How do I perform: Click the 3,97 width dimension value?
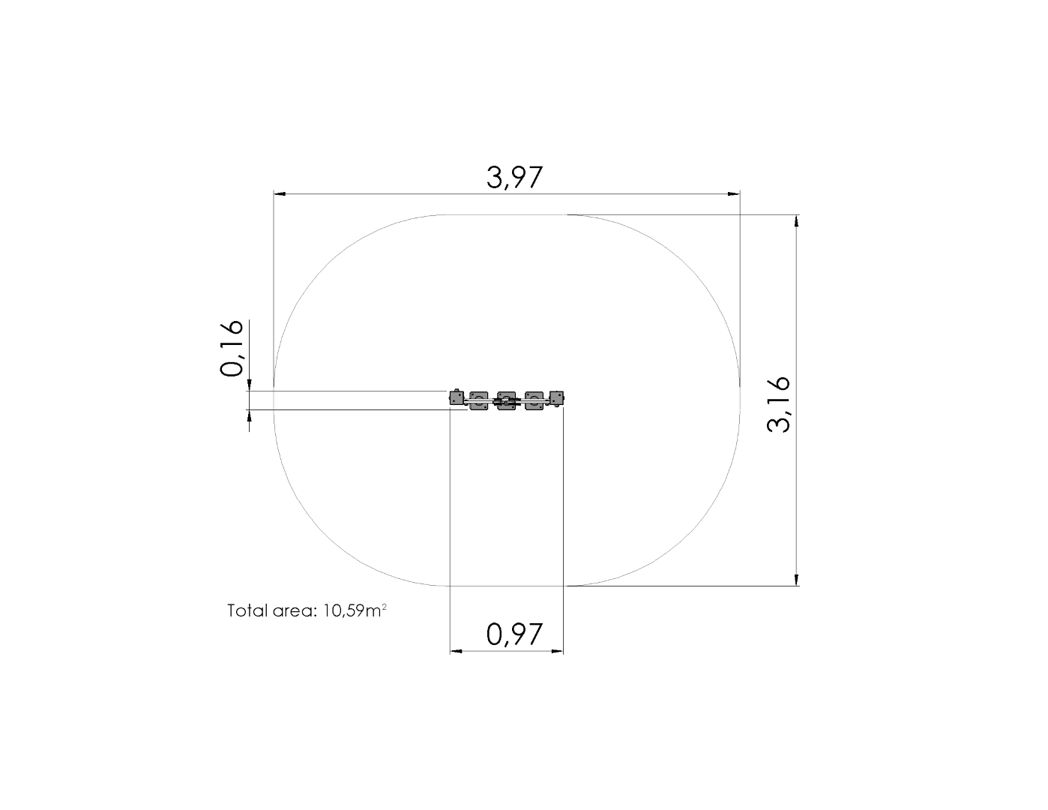(514, 177)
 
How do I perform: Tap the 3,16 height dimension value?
(778, 403)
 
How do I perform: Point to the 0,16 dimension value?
(232, 348)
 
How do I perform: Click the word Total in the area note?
(247, 610)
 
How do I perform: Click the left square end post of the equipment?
(457, 397)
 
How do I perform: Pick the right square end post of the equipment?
(556, 398)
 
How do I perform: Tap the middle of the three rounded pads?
(507, 401)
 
